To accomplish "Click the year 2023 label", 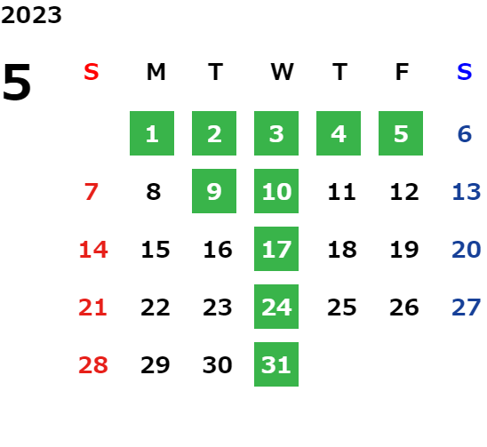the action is coord(31,15).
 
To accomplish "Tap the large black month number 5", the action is coord(17,82).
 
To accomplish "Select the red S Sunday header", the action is coord(92,72).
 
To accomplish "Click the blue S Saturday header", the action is coord(465,72).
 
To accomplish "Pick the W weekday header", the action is coord(282,72).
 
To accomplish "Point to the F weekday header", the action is coord(402,72).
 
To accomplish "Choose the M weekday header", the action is coord(156,72).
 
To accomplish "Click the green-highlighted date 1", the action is coord(152,133).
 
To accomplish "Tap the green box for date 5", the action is coord(401,133).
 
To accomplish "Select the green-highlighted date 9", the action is coord(214,191).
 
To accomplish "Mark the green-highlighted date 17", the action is coord(276,249).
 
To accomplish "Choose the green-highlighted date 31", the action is coord(276,364).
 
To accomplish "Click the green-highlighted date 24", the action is coord(276,307).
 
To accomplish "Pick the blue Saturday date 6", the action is coord(465,134).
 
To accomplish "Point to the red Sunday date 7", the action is coord(92,192).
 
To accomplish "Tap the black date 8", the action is coord(154,192).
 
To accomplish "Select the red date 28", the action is coord(93,365).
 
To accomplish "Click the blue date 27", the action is coord(467,307).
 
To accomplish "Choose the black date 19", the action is coord(404,250).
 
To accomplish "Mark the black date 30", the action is coord(218,365).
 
